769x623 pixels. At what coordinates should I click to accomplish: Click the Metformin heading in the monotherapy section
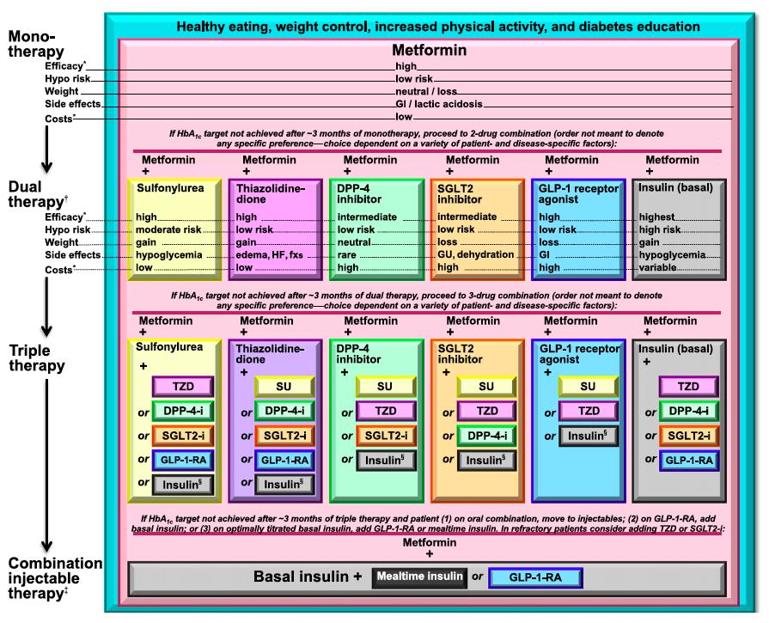coord(429,50)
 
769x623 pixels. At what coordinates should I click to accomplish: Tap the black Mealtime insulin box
coord(419,577)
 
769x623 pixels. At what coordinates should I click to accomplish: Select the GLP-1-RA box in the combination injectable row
coord(535,577)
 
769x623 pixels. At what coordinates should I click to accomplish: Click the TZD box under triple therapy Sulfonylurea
coord(183,387)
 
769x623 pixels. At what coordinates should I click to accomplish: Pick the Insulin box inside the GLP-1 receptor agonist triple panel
coord(588,437)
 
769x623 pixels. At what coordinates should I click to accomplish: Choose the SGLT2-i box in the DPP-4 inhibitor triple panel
coord(386,436)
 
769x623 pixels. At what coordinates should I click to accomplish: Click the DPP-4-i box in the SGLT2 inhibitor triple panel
coord(487,437)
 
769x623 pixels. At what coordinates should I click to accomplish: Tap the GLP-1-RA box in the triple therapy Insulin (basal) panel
coord(688,461)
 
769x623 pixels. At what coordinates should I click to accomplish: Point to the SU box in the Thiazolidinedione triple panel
coord(284,387)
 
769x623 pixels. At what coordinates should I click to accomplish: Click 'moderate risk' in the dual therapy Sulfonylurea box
coord(168,229)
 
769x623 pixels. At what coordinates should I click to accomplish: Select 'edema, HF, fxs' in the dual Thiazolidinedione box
coord(269,255)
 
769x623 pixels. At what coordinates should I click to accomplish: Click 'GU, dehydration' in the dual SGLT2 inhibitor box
coord(475,254)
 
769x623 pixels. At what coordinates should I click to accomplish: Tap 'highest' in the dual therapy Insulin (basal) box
coord(656,217)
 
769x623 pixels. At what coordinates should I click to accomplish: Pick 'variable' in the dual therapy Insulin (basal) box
coord(657,267)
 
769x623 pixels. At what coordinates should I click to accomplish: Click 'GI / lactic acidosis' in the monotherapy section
coord(439,104)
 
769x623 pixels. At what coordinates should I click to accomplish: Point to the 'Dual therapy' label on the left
coord(37,194)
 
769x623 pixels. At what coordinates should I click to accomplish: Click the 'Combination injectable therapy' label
coord(55,577)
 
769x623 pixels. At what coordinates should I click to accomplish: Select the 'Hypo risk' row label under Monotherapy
coord(68,78)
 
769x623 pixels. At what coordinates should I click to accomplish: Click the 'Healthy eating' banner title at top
coord(438,27)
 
